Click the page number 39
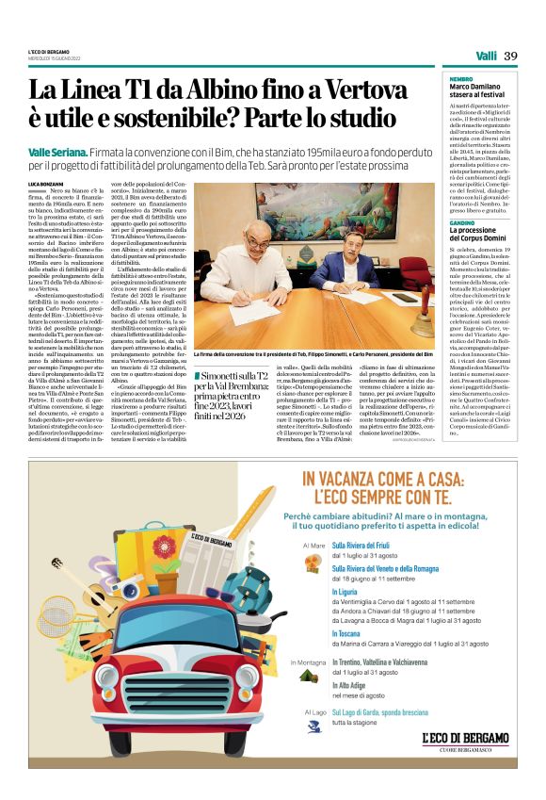[x=511, y=56]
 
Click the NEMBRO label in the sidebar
[x=461, y=78]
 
